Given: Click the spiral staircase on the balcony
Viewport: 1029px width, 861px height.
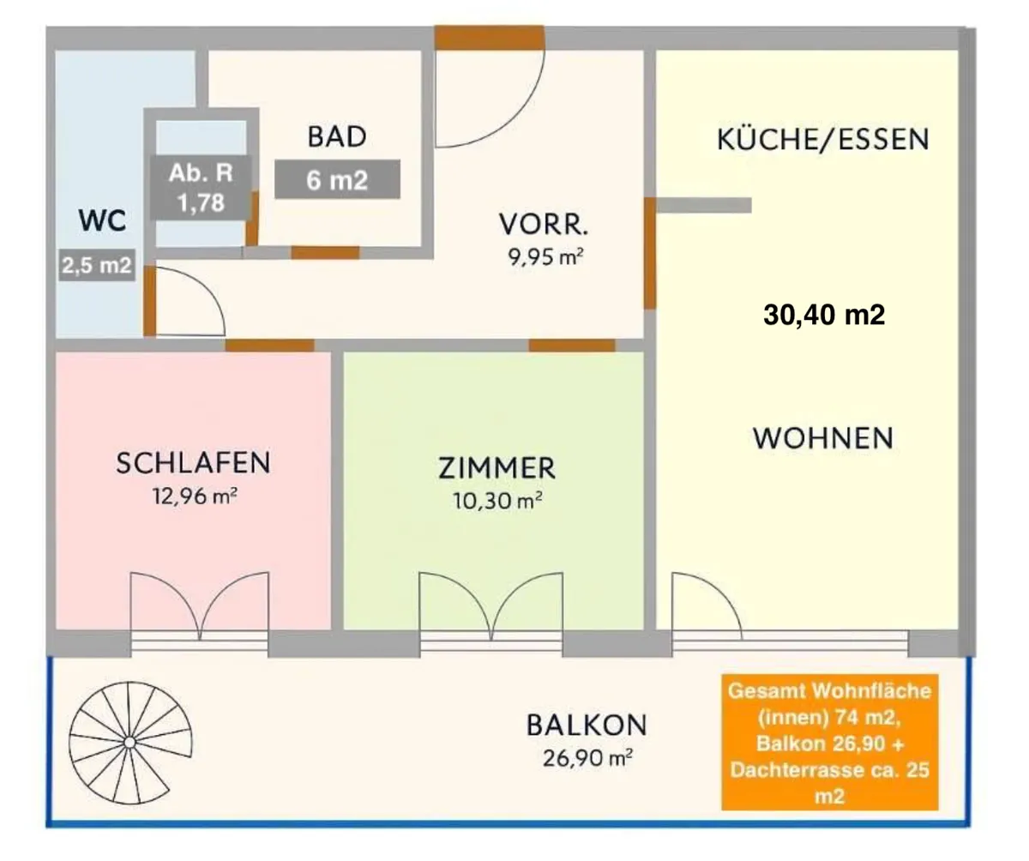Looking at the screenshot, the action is tap(130, 743).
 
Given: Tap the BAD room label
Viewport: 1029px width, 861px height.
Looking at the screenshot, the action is tap(337, 136).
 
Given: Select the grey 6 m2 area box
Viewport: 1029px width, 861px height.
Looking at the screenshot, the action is tap(338, 179).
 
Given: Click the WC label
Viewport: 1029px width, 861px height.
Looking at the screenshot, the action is tap(102, 220).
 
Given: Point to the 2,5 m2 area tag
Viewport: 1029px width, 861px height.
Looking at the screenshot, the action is tap(97, 266).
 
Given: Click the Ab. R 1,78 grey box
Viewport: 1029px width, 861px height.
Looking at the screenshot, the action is tap(201, 187).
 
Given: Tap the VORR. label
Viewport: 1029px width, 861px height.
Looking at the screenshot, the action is tap(544, 224).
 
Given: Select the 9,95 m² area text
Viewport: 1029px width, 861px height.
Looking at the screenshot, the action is tap(545, 256).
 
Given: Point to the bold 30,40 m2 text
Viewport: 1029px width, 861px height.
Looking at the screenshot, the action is tap(824, 315).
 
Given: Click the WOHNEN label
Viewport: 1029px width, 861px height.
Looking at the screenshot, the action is tap(823, 437).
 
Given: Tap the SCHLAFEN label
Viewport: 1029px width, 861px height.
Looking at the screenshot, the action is tap(193, 462).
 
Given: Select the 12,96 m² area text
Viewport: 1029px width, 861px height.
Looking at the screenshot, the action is tap(195, 496).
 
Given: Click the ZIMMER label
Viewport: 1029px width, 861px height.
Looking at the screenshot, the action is tap(496, 468).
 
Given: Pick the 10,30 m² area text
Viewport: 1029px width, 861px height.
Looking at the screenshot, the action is tap(497, 501).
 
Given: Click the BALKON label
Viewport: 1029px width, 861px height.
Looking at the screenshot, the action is tap(587, 725).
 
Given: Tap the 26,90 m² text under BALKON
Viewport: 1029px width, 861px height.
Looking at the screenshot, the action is tap(587, 758).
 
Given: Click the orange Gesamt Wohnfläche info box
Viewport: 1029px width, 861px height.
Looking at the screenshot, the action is tap(830, 742).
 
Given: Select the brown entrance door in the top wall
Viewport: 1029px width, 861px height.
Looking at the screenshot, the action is tap(490, 38).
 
